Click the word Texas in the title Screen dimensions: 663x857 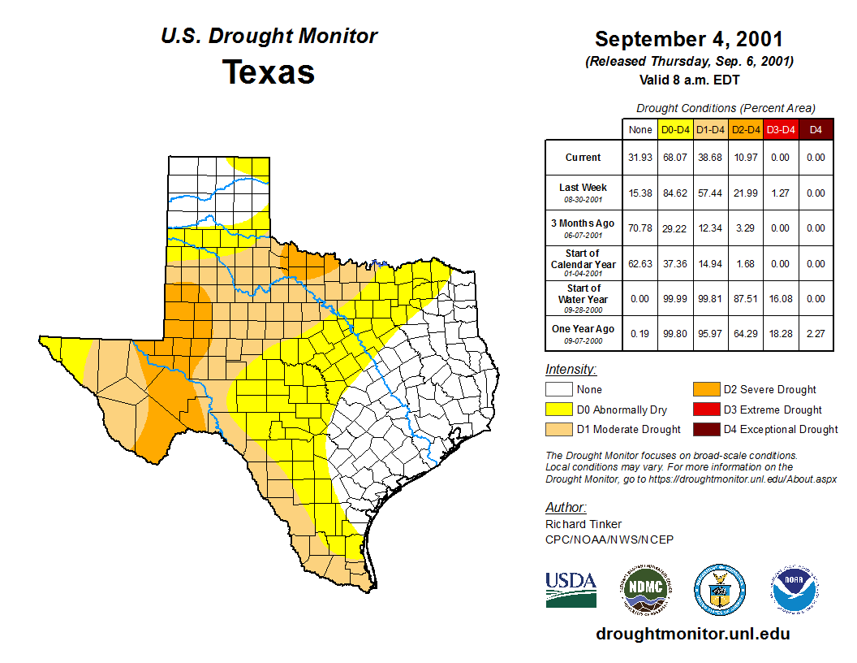point(269,72)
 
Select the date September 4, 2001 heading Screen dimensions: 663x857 point(688,39)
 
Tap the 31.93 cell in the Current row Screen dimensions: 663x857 point(640,158)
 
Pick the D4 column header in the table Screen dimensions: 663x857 point(816,129)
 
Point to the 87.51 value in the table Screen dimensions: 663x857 point(745,298)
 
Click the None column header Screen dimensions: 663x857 point(640,129)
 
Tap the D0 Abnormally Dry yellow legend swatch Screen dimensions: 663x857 point(558,409)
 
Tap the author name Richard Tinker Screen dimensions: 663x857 point(584,524)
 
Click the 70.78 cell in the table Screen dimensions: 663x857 point(640,228)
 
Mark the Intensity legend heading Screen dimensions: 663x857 point(571,370)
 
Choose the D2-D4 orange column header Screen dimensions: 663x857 point(745,129)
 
